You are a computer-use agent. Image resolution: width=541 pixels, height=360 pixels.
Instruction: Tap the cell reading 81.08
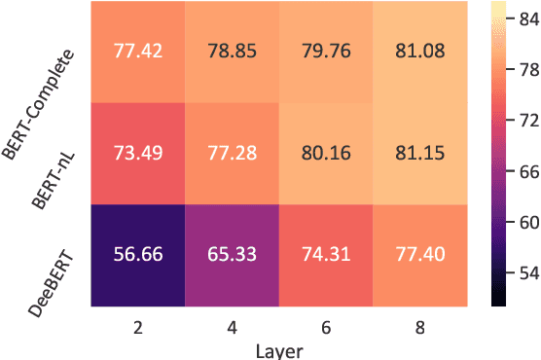point(419,52)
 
